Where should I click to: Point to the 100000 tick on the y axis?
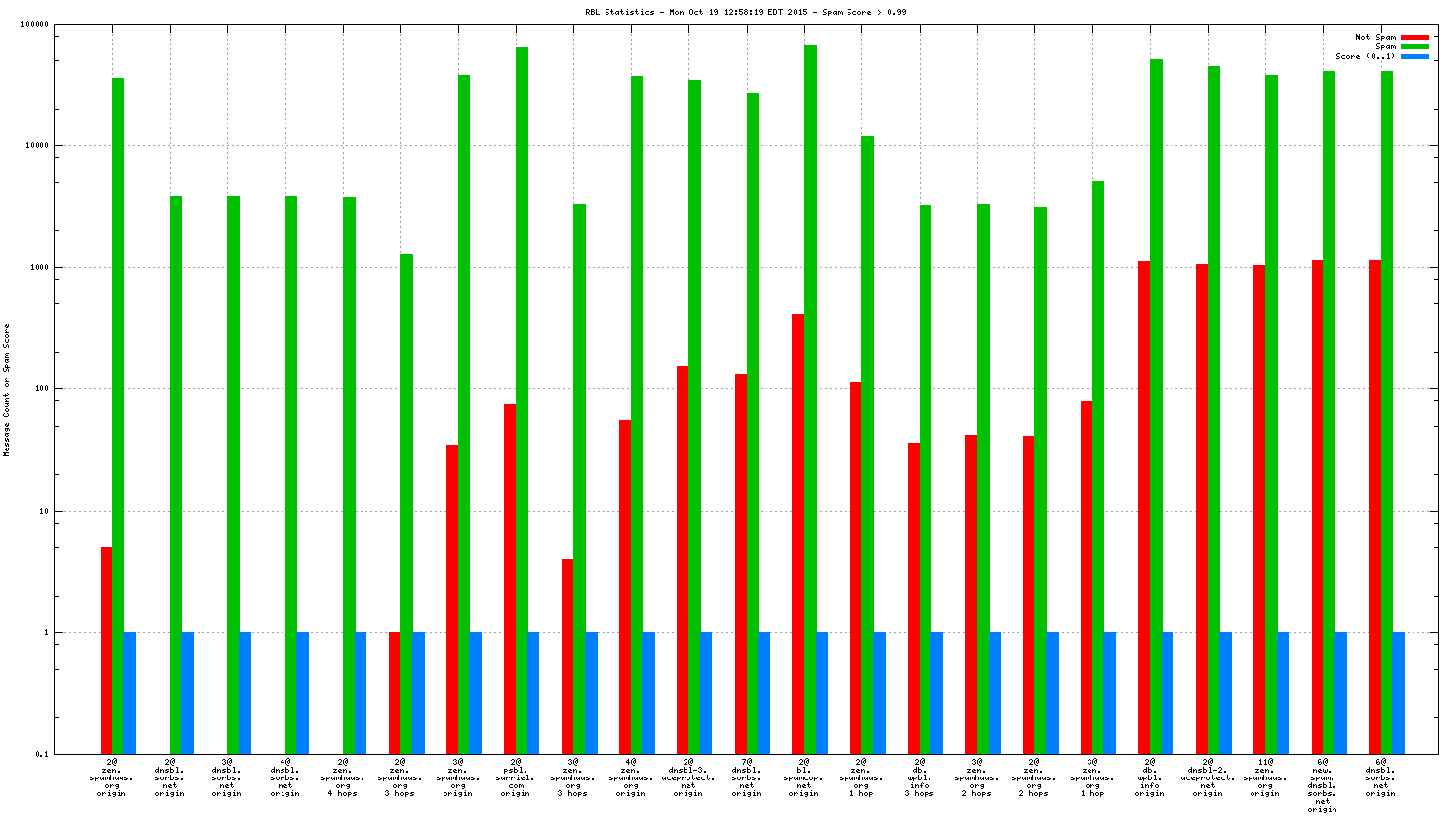click(x=36, y=25)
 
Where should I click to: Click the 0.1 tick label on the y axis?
click(x=41, y=754)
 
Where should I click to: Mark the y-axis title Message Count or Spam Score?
click(x=7, y=389)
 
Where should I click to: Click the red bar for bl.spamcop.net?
click(x=798, y=533)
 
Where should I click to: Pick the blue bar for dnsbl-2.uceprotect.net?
click(x=1225, y=693)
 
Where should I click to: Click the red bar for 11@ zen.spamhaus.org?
click(x=1259, y=509)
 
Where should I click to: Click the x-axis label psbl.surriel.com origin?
click(x=516, y=777)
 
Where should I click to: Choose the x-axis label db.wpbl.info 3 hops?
click(x=920, y=777)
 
